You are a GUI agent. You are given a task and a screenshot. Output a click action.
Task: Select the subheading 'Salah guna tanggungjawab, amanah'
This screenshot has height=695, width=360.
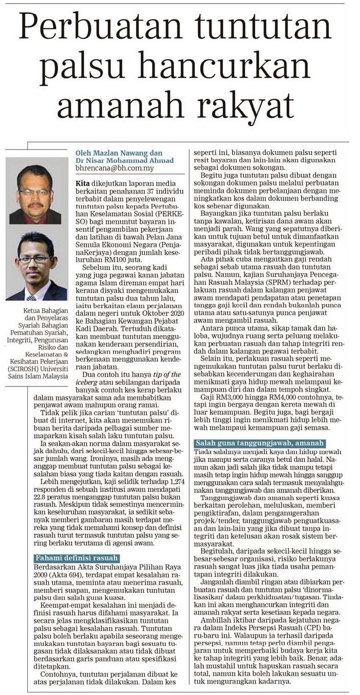coord(259,457)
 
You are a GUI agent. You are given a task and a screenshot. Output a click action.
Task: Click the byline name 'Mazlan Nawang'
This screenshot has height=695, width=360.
coord(120,153)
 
